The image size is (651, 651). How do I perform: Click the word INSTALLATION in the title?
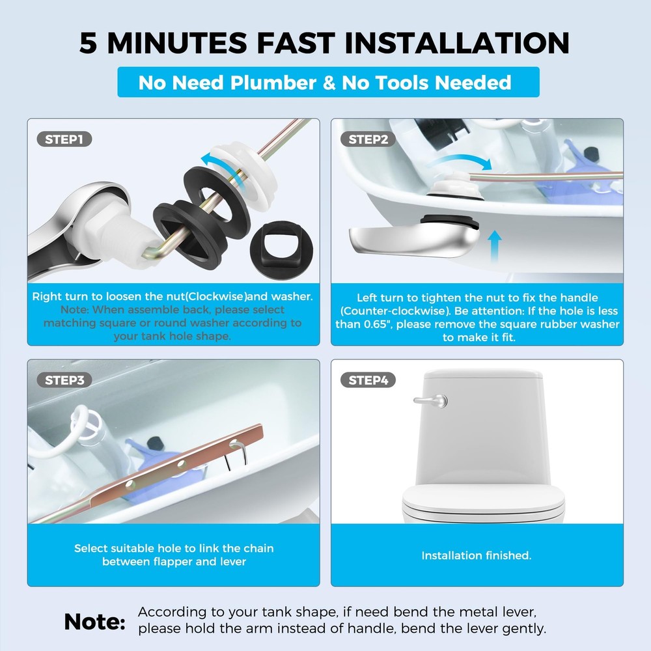tap(457, 42)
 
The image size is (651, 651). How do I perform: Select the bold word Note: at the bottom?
tap(94, 622)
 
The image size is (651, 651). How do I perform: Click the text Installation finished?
tap(477, 555)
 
